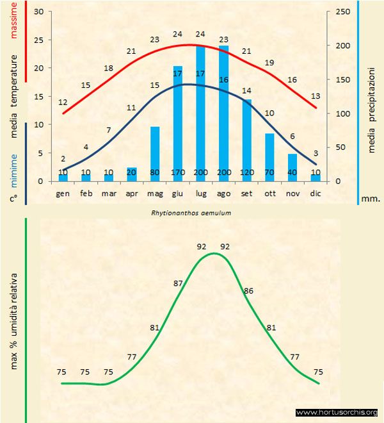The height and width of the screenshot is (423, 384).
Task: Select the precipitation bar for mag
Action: [155, 154]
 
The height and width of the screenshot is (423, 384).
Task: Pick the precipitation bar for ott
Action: [269, 157]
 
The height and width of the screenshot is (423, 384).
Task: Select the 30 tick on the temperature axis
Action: [38, 12]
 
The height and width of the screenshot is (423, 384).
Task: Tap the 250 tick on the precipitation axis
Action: [342, 12]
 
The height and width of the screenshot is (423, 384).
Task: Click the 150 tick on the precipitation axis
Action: [342, 80]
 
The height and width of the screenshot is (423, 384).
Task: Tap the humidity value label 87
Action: [179, 283]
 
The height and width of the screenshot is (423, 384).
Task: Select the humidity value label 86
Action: [248, 290]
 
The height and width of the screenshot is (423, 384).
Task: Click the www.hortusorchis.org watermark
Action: [337, 412]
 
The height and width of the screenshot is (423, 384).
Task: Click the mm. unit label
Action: [370, 199]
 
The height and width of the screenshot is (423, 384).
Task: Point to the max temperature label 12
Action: [63, 102]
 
